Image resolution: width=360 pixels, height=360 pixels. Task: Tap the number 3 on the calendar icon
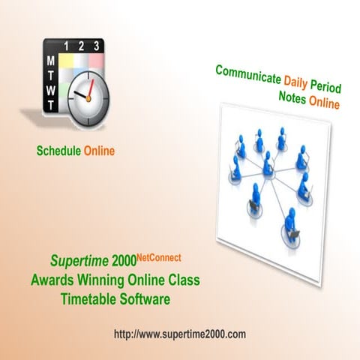[x=97, y=46]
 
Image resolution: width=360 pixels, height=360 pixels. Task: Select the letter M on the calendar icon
[x=50, y=60]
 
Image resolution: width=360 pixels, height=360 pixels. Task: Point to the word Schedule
[x=58, y=151]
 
